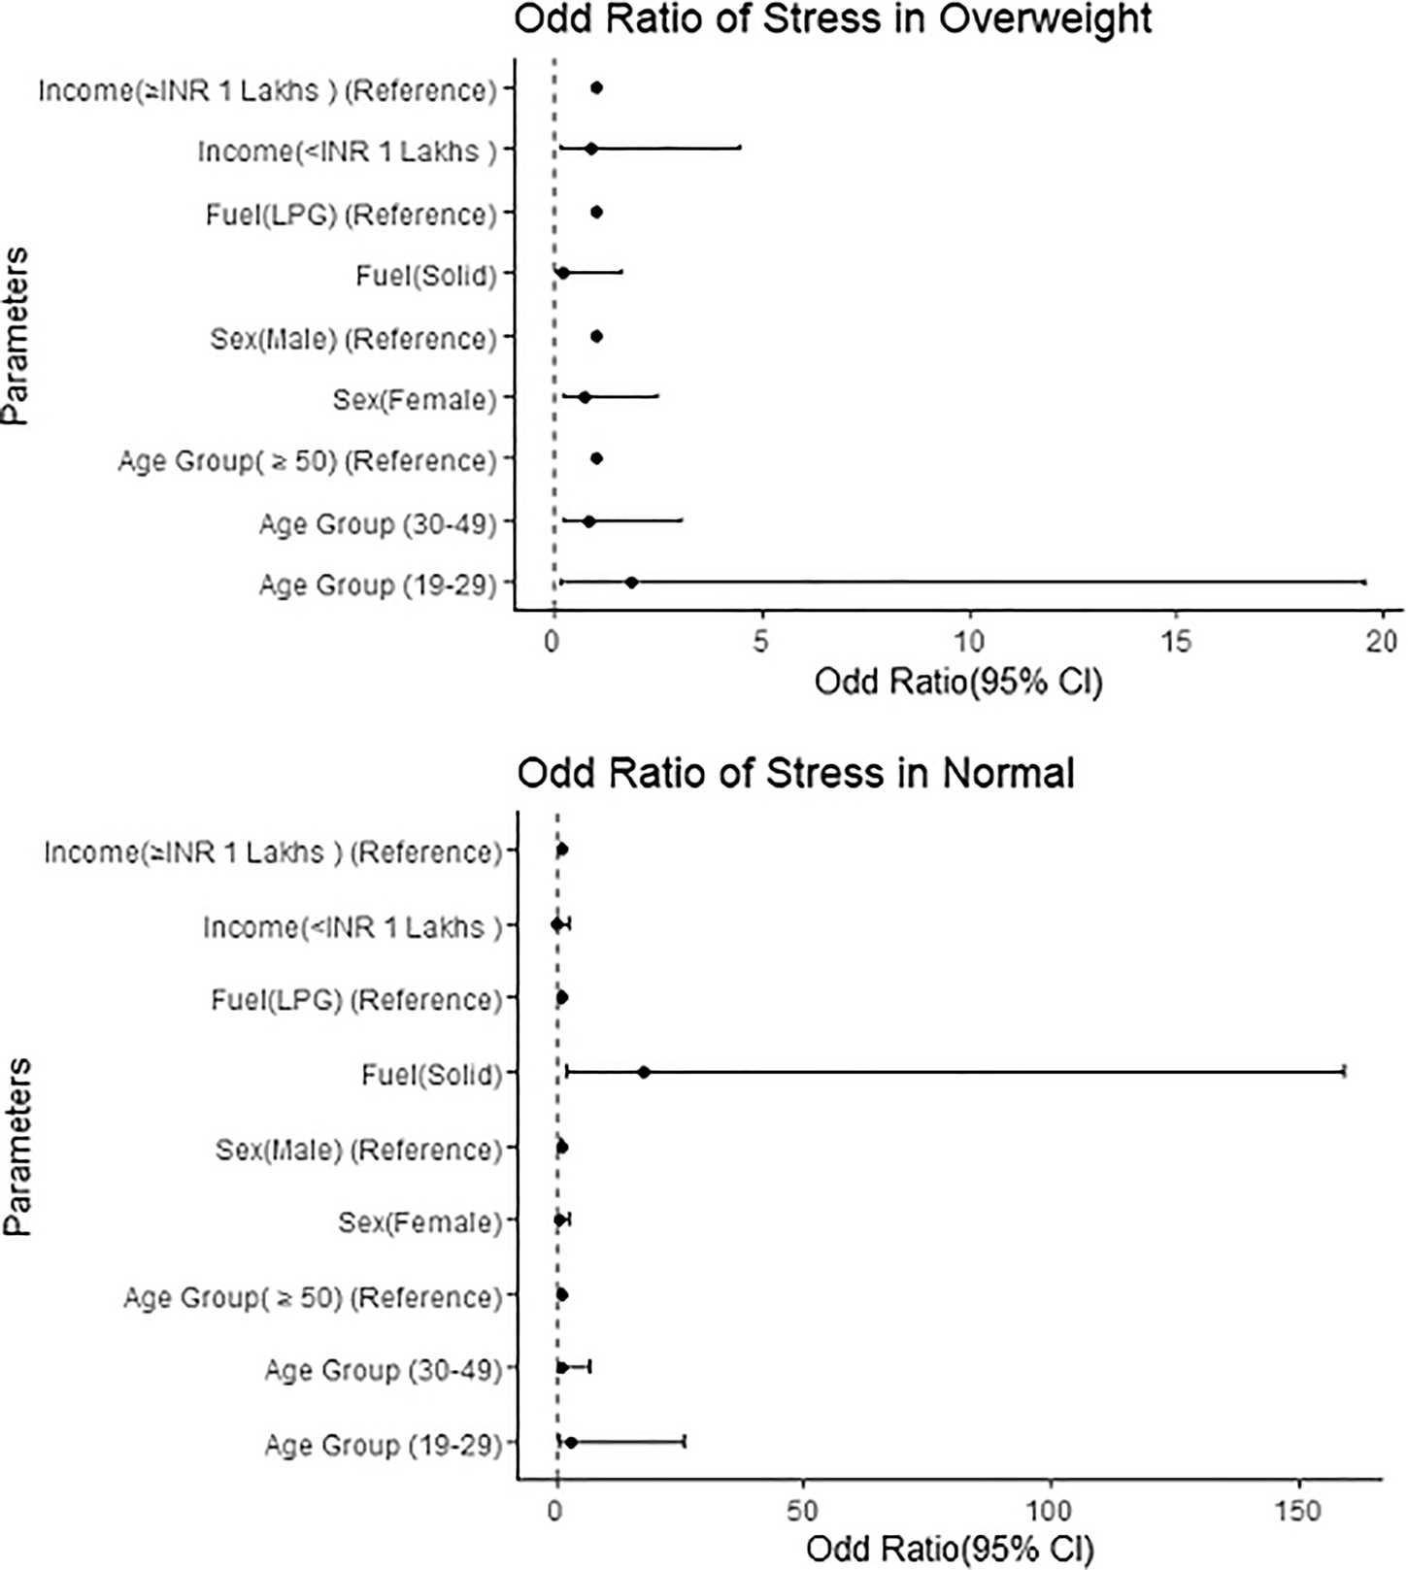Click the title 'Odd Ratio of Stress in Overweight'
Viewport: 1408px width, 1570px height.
pos(832,19)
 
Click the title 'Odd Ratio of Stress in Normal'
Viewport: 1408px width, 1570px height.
pos(794,774)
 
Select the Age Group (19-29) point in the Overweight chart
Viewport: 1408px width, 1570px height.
pos(631,583)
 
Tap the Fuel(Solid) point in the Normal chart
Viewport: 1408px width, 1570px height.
pos(643,1072)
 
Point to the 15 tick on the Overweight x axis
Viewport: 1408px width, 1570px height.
pos(1176,641)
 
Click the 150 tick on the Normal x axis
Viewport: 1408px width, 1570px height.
pos(1299,1512)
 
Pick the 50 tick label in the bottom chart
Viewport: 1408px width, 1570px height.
pos(802,1512)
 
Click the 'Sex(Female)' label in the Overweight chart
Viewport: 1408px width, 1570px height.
pos(415,399)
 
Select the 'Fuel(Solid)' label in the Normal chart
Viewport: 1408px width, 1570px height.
pos(431,1075)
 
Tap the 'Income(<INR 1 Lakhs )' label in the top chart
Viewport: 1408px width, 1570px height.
pos(347,151)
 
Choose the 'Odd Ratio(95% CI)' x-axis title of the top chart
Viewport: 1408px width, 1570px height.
pos(957,683)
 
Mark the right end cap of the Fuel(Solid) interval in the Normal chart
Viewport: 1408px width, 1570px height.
pos(1344,1072)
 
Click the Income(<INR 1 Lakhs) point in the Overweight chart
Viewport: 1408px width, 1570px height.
pos(590,149)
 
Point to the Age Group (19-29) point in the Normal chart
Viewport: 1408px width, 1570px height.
pos(571,1443)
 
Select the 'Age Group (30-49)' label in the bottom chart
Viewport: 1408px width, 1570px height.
pos(383,1370)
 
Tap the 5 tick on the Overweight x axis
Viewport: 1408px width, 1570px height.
pos(761,641)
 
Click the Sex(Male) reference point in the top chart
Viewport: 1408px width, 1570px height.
pos(596,337)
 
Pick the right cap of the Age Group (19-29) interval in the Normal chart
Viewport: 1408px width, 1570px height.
pos(685,1442)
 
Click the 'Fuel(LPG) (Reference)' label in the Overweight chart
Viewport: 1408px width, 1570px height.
pos(351,214)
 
